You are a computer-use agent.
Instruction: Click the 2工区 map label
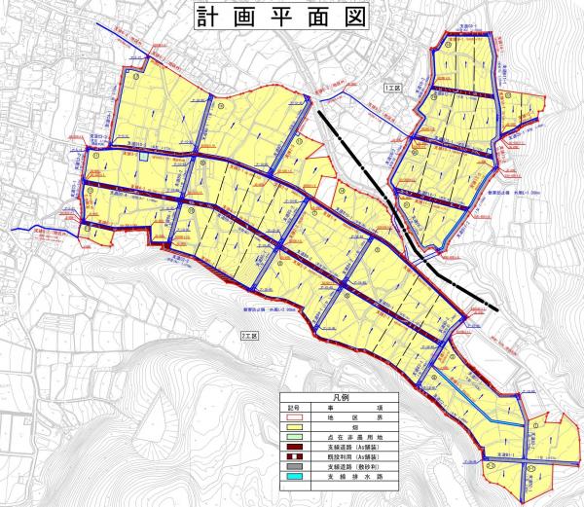tap(250, 335)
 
